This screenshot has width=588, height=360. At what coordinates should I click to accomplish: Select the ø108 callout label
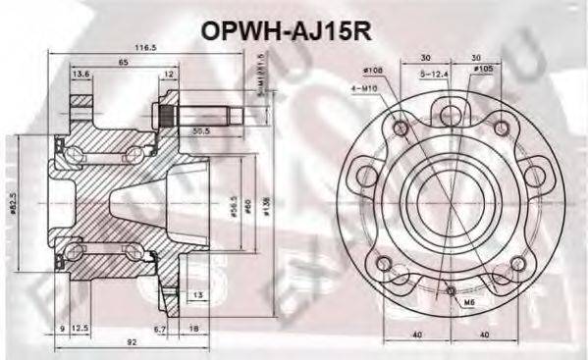(374, 70)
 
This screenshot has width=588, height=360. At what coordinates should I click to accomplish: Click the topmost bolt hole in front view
(448, 110)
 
